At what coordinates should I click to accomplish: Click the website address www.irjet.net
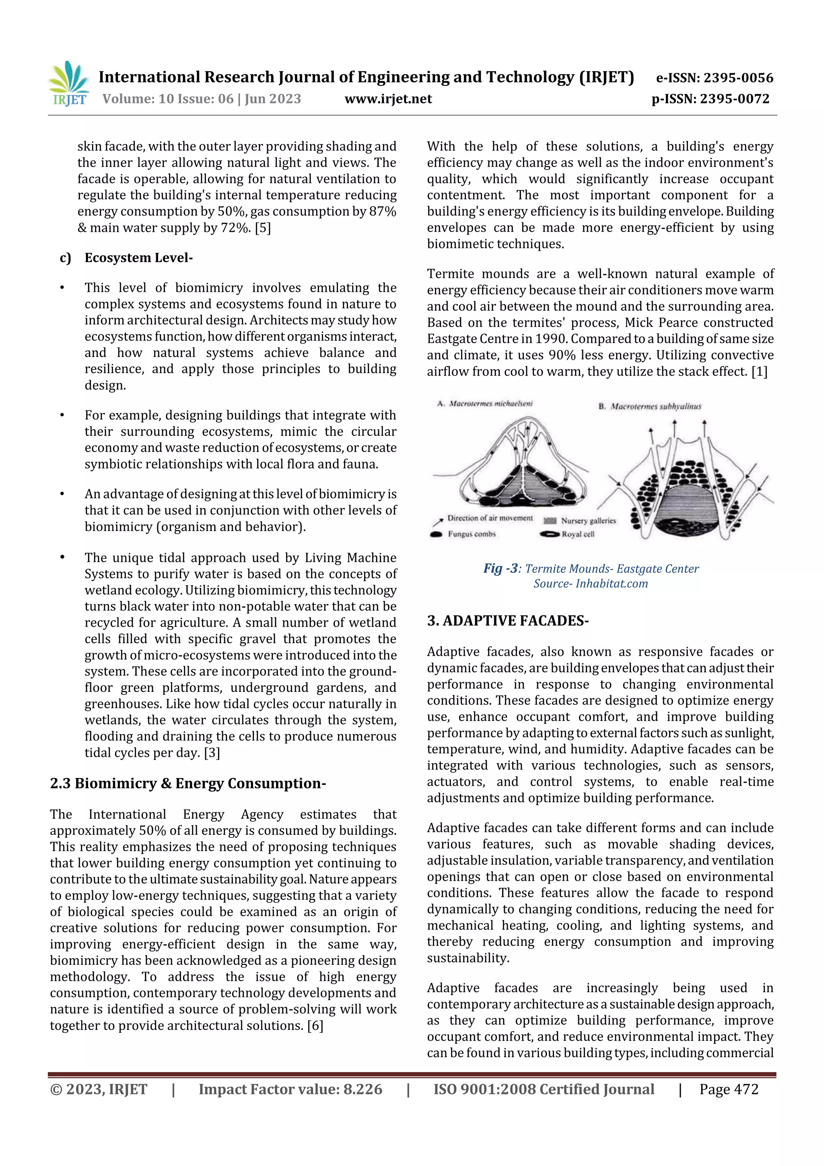[388, 99]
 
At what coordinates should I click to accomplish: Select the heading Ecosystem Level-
[138, 258]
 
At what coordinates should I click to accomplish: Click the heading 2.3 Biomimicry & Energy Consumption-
[188, 783]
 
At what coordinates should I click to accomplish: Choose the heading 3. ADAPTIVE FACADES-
[508, 621]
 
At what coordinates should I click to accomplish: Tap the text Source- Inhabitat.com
[591, 584]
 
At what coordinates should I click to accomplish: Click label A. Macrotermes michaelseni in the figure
[485, 404]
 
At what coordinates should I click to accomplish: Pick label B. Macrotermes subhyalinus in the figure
[650, 406]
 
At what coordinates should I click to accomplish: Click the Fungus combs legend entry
[471, 534]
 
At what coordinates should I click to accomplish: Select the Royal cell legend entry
[577, 534]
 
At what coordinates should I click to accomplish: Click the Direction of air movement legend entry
[489, 518]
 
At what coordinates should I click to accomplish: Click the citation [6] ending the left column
[315, 1025]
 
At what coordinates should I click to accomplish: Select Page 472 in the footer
[729, 1089]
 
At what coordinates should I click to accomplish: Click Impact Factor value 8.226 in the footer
[290, 1089]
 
